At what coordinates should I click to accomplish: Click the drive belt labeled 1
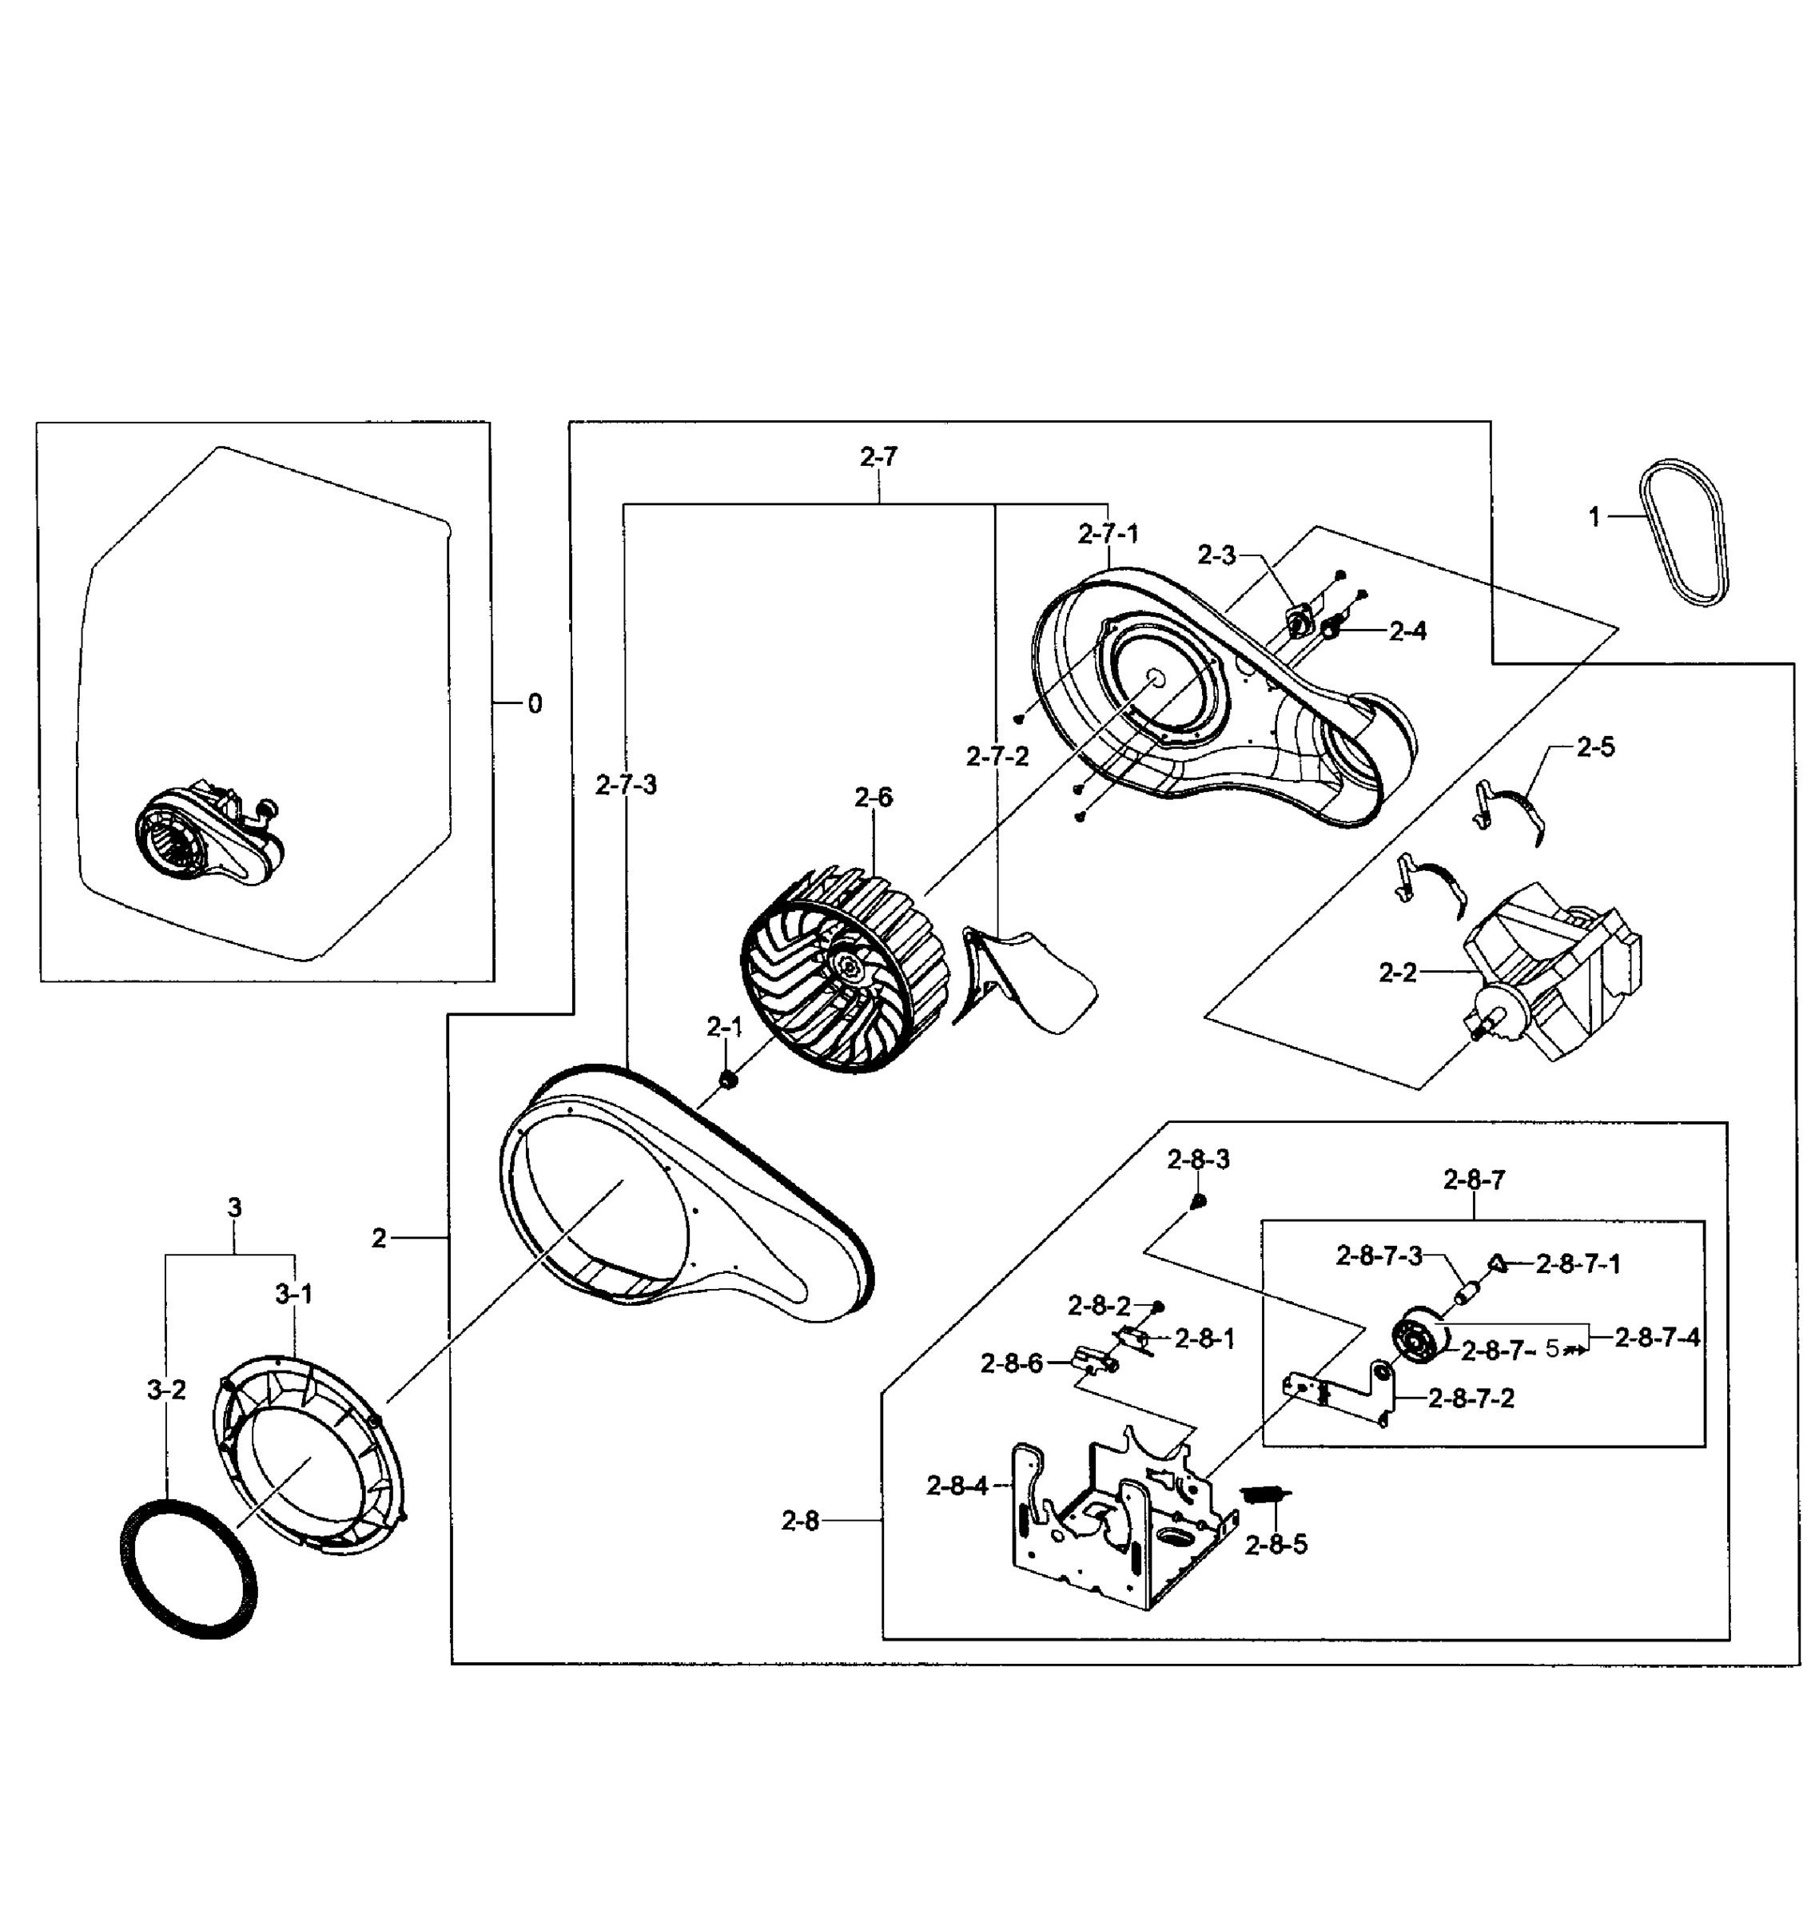point(1686,533)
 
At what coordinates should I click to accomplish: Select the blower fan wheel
point(844,969)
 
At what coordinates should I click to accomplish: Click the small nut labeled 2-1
point(728,1079)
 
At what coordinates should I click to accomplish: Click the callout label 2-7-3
point(627,786)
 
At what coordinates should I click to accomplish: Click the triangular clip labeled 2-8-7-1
point(1497,1263)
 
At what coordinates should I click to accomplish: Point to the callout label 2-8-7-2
point(1471,1399)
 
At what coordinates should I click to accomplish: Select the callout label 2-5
point(1595,746)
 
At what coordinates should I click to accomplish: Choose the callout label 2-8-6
point(1011,1363)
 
